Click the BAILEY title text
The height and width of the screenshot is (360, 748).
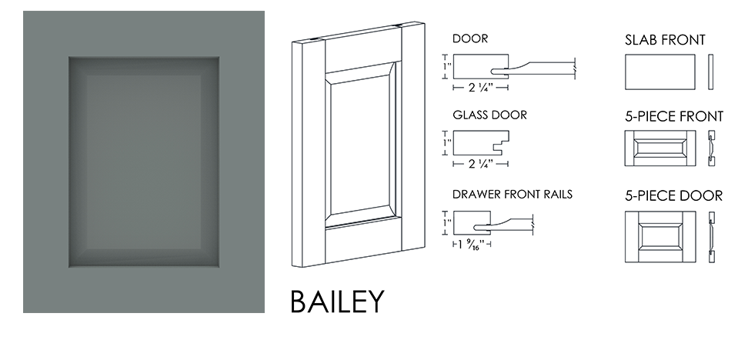(x=337, y=301)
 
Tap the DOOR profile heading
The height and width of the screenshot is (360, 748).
(x=470, y=38)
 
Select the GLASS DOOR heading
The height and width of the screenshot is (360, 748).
(x=489, y=115)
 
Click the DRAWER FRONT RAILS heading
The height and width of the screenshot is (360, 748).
(x=513, y=195)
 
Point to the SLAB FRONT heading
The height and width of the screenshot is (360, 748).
(x=665, y=40)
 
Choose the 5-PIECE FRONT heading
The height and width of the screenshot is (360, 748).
(x=674, y=117)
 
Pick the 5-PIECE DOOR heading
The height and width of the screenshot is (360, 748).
(x=673, y=196)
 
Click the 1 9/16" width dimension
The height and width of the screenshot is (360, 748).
(x=471, y=245)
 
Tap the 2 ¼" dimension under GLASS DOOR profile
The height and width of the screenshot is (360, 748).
(x=480, y=164)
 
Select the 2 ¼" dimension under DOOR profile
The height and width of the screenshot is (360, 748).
(x=480, y=87)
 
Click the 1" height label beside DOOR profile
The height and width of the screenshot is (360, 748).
(x=446, y=66)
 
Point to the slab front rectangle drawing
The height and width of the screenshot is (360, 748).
(x=660, y=72)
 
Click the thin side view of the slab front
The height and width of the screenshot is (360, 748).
(x=711, y=72)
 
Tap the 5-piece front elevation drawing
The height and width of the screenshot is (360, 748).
(x=660, y=148)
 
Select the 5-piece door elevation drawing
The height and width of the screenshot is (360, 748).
(x=660, y=237)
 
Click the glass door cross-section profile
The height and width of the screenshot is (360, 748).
(x=481, y=143)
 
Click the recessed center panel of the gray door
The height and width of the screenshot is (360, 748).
(x=144, y=162)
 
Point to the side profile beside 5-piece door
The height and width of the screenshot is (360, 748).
(x=711, y=237)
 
